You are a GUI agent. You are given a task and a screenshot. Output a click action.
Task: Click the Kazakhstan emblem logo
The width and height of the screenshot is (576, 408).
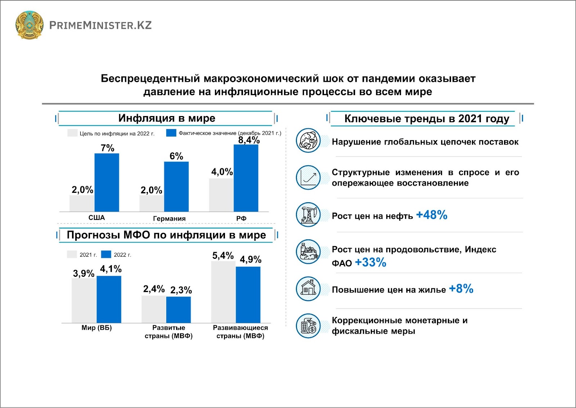[29, 25]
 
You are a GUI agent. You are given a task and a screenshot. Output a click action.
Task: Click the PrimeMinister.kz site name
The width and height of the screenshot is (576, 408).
[100, 25]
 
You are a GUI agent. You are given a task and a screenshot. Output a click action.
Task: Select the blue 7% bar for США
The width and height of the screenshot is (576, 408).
[107, 182]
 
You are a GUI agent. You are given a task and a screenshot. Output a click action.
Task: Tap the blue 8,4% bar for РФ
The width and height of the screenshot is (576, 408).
[246, 178]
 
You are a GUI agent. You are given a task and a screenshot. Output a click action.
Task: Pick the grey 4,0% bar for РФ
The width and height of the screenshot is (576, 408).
[221, 195]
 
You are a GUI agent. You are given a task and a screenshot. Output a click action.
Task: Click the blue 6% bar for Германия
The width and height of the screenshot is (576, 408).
[176, 186]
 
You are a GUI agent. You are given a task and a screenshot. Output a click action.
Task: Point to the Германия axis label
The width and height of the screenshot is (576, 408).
[169, 218]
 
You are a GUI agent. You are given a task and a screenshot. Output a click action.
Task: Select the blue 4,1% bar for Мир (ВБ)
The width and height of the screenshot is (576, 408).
[109, 299]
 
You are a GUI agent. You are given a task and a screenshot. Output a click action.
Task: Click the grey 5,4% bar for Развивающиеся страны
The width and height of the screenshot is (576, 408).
[223, 292]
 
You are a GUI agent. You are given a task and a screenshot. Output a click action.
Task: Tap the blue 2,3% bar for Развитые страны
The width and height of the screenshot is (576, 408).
[179, 309]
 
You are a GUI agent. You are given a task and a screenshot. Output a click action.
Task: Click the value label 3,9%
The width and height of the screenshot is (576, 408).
[84, 274]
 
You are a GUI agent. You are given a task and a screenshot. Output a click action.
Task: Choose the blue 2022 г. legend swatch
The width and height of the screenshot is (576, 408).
[106, 254]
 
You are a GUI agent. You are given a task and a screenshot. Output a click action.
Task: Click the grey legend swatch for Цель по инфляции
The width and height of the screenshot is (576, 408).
[72, 133]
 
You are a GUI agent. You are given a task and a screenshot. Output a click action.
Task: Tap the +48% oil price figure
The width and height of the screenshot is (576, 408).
[432, 215]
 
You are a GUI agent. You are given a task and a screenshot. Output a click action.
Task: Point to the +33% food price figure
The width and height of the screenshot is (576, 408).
[370, 262]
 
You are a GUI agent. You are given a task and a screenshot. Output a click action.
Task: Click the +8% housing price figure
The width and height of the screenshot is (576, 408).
[461, 289]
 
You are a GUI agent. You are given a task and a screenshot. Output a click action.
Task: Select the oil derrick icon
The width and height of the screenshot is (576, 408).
[308, 214]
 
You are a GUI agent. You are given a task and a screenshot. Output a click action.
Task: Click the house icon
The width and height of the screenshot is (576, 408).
[308, 289]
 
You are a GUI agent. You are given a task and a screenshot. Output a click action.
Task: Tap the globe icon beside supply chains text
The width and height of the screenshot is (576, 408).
[308, 141]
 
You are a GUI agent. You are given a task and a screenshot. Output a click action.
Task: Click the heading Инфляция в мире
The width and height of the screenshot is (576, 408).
[167, 118]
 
